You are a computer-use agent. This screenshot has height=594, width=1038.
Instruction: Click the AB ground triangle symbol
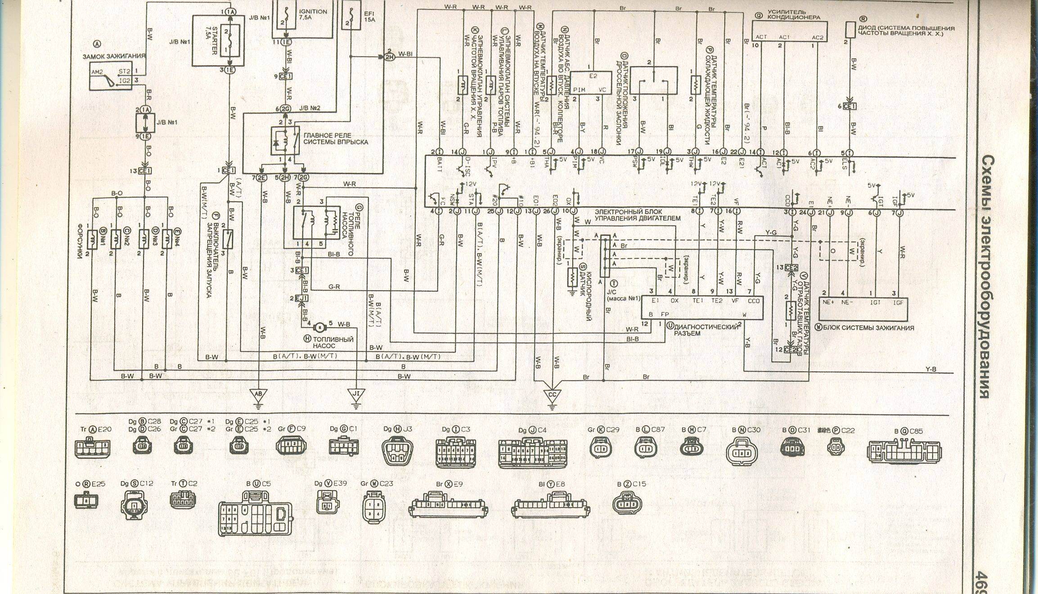(x=258, y=394)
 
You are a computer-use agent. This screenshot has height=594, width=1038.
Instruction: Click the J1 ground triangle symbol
(x=355, y=394)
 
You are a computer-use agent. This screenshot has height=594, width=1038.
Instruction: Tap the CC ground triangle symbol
(x=553, y=394)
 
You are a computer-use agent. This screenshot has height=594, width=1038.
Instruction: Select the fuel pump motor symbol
(x=319, y=324)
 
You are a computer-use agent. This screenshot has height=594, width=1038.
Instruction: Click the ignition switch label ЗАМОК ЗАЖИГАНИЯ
(x=114, y=56)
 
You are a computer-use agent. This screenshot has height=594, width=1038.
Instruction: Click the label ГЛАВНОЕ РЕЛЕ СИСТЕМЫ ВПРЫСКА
(x=335, y=139)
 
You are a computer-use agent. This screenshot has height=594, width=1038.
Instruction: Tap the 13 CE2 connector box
(x=791, y=268)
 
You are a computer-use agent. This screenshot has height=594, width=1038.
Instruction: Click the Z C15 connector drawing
(x=627, y=504)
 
